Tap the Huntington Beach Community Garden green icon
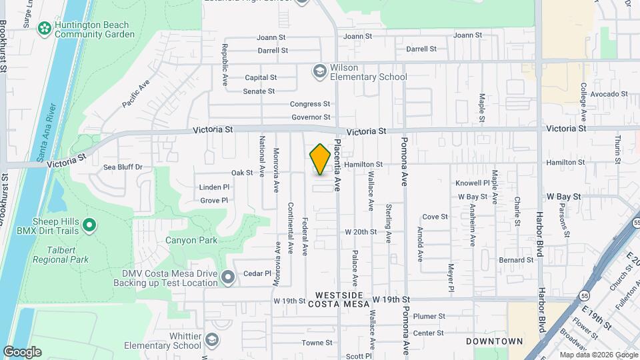[x=45, y=29]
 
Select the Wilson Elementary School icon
[x=320, y=71]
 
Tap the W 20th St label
[x=361, y=232]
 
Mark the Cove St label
[x=435, y=217]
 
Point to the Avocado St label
[x=605, y=94]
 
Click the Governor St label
[x=311, y=117]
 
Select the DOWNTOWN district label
[x=494, y=341]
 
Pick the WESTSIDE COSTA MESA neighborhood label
[x=339, y=299]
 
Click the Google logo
[x=22, y=351]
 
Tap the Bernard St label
[x=516, y=260]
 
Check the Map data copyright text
[x=598, y=355]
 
